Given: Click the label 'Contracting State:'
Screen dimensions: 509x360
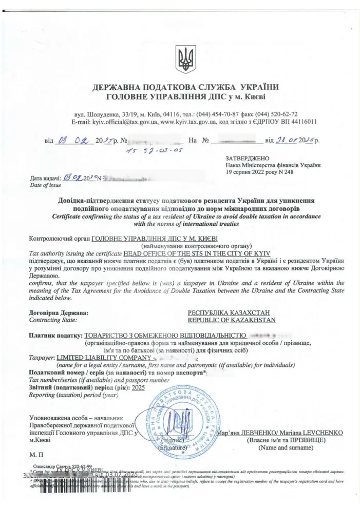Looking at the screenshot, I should tap(54, 320).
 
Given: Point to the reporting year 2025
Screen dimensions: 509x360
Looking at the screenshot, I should tap(138, 388).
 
